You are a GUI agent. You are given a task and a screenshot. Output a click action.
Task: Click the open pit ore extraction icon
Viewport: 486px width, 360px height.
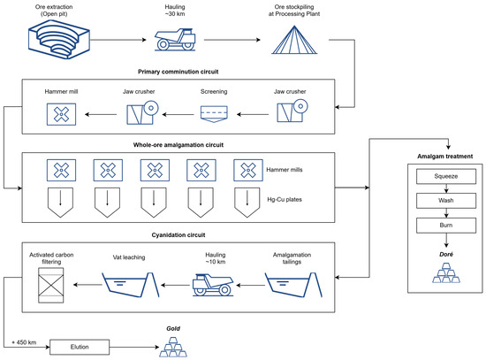59,40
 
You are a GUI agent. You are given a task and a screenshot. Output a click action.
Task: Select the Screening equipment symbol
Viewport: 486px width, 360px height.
214,114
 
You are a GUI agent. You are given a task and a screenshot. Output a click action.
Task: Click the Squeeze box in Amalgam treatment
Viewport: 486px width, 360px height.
446,176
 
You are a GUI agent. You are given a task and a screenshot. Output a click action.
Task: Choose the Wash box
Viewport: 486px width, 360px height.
446,201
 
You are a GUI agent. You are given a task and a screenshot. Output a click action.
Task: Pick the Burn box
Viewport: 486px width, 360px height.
446,226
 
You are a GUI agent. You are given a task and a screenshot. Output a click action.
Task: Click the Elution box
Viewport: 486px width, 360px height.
80,347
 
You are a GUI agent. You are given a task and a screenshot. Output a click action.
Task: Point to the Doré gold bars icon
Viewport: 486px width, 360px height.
446,272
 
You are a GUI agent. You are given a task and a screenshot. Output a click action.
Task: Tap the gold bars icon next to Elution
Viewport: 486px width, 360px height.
173,347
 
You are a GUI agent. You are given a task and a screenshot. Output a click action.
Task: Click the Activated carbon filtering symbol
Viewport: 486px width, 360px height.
51,285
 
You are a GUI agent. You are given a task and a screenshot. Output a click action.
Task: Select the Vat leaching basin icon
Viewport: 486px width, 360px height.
131,285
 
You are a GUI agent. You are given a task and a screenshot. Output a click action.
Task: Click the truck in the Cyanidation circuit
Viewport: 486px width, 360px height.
213,285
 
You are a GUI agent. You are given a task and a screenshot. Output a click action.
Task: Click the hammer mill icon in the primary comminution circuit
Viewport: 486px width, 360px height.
61,114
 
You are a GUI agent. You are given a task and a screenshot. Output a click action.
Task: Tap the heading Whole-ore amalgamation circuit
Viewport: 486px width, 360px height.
178,145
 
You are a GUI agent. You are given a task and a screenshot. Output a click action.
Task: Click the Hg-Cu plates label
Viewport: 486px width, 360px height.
285,200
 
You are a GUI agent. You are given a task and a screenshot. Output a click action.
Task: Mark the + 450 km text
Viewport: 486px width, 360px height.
24,342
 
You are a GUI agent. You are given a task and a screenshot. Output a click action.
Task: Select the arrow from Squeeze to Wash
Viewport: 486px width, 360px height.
446,188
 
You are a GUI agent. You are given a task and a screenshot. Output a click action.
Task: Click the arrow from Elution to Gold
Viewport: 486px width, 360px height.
134,347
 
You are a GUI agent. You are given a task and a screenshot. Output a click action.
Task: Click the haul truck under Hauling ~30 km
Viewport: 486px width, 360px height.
175,40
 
